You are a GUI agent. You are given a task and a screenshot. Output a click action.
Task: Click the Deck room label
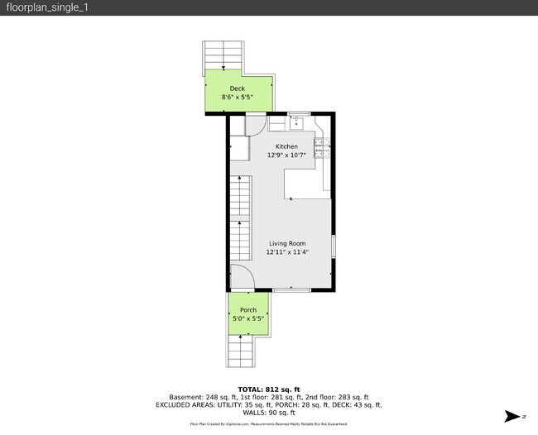coord(238,88)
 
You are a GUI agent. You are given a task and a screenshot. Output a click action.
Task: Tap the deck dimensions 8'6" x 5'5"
coord(238,98)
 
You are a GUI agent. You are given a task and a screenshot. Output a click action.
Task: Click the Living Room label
coord(286,243)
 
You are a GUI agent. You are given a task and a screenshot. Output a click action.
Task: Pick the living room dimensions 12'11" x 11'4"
coord(286,252)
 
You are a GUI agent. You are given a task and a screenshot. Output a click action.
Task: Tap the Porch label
coord(247,309)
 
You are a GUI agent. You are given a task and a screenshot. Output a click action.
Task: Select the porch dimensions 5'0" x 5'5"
coord(247,318)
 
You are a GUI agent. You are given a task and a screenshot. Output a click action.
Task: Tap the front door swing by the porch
coord(240,279)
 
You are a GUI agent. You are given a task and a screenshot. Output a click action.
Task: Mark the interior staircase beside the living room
coord(240,219)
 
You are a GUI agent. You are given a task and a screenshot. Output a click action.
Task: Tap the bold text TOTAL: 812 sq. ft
coord(268,389)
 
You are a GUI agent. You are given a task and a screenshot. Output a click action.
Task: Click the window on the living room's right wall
coord(333,246)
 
